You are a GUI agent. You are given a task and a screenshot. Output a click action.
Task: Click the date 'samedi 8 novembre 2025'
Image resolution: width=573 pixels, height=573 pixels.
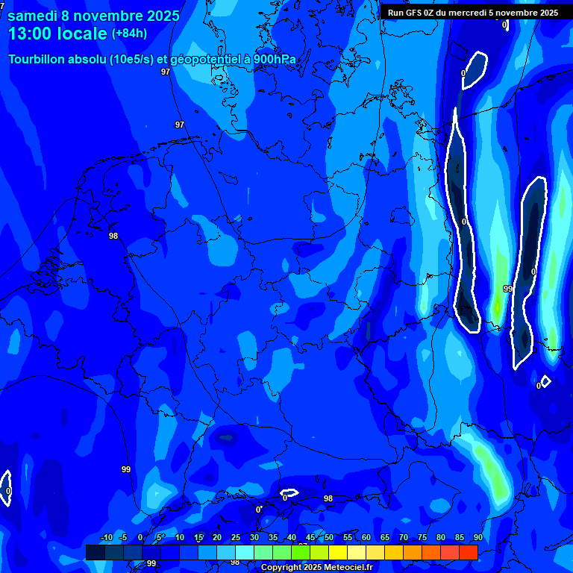(93, 16)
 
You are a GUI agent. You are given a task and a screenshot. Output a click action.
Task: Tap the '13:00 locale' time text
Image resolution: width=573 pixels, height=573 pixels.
(57, 34)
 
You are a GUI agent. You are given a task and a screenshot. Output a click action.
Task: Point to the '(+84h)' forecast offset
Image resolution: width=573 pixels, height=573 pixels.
(129, 34)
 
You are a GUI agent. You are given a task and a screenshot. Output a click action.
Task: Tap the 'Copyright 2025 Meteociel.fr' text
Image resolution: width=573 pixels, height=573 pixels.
(316, 568)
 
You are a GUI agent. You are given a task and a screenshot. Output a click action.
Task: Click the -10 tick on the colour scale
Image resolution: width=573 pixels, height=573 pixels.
(106, 538)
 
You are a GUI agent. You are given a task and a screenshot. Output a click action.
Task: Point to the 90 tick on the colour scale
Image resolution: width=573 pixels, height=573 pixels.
(477, 538)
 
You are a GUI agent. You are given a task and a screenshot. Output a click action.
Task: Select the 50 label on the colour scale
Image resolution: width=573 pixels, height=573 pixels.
(328, 538)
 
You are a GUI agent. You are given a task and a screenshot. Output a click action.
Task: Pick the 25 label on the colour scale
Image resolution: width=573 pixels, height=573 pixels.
(236, 538)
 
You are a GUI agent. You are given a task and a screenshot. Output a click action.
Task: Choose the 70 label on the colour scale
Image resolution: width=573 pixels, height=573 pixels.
(403, 538)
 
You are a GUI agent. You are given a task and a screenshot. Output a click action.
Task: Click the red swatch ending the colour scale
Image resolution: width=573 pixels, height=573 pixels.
(468, 552)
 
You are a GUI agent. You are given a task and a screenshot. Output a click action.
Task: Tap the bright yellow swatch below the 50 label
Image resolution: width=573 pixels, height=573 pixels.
(337, 552)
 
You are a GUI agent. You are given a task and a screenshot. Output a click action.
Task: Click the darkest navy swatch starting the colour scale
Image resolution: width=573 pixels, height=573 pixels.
(95, 552)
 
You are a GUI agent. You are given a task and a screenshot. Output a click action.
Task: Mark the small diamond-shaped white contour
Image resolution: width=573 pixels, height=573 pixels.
(545, 381)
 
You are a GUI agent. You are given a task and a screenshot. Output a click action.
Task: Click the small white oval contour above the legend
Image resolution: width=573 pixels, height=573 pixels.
(289, 493)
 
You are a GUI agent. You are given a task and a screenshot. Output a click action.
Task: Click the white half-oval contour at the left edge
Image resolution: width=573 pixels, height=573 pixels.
(5, 488)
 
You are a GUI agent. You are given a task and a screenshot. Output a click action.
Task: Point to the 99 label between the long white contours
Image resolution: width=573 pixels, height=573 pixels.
(507, 289)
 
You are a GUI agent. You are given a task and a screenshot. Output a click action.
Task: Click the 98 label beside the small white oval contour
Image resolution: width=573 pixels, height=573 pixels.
(328, 498)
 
